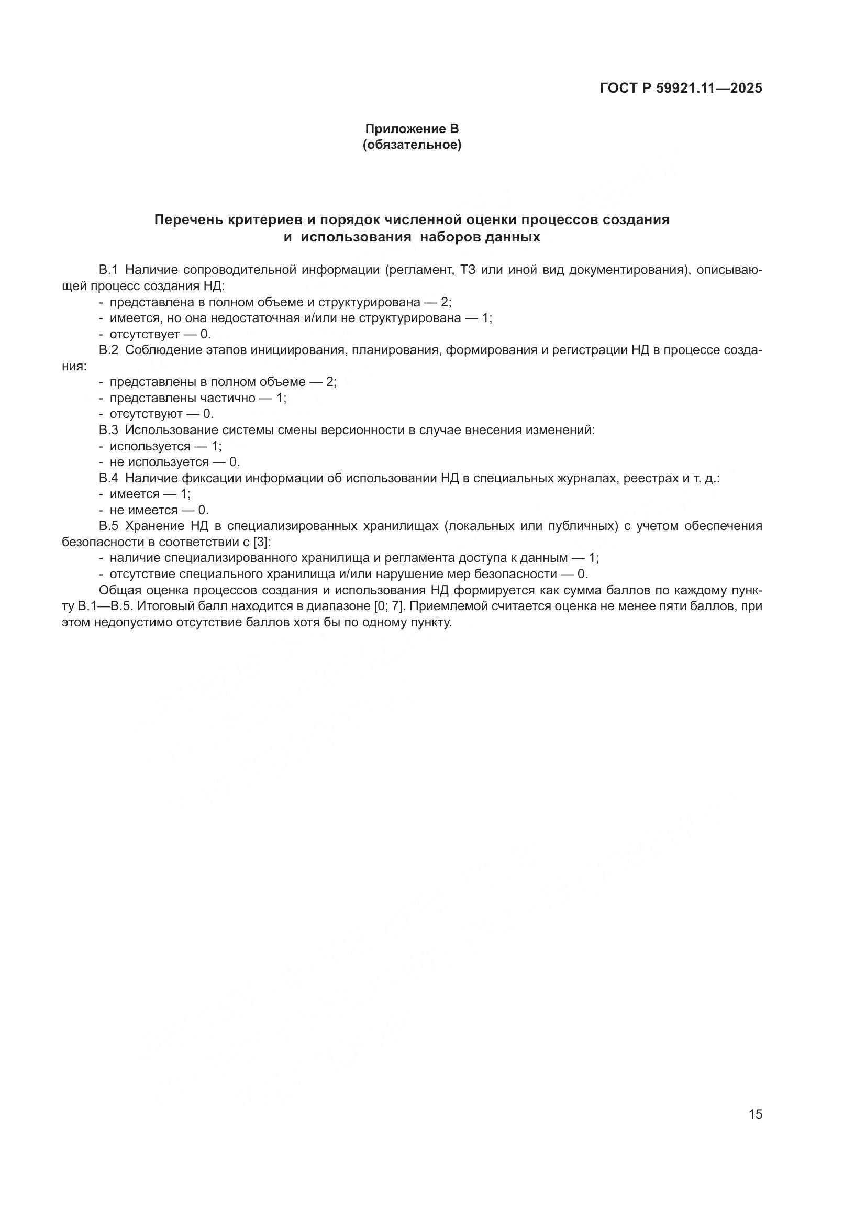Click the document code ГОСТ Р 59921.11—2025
click(681, 89)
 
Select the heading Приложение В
click(412, 129)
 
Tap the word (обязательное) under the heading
click(412, 145)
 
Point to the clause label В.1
click(108, 270)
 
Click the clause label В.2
click(108, 350)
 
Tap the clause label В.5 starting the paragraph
click(108, 526)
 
